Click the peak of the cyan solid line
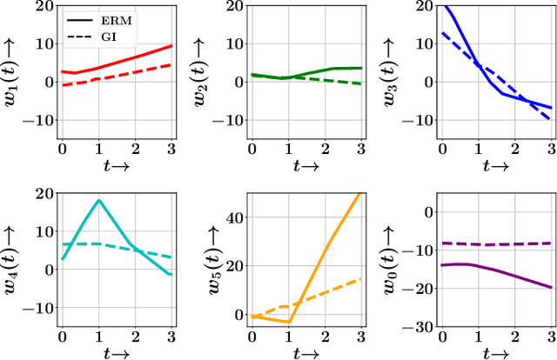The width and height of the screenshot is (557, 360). click(x=100, y=200)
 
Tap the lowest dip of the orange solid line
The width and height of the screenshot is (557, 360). click(x=290, y=322)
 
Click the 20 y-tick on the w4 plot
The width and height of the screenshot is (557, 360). click(x=44, y=191)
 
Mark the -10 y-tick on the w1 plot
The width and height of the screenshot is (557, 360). click(x=38, y=121)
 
